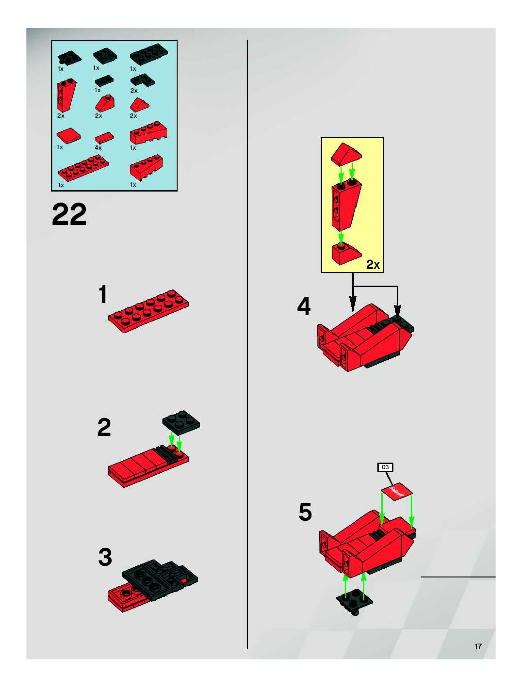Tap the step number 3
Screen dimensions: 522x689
105,557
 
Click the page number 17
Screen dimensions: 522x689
478,647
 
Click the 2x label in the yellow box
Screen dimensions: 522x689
373,264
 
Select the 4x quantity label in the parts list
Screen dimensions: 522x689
98,148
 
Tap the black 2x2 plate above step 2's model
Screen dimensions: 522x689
181,422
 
